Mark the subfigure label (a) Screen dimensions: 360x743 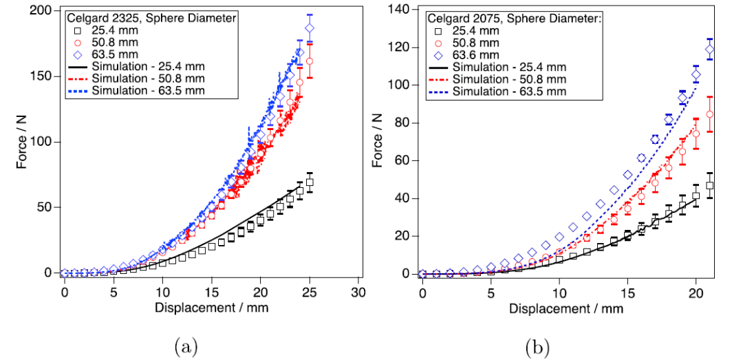tap(186, 346)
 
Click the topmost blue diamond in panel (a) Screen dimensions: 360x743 tap(310, 28)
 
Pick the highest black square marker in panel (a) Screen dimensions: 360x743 tap(310, 182)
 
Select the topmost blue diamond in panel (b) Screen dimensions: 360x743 tap(710, 50)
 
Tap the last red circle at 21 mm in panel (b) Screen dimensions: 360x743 tap(710, 114)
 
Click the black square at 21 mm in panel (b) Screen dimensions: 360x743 tap(710, 186)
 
